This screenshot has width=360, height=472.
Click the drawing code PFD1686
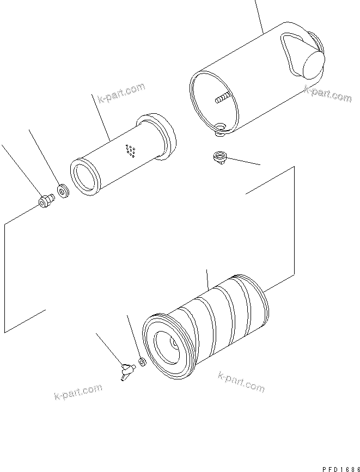click(x=338, y=468)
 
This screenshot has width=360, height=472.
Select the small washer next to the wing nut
click(x=142, y=361)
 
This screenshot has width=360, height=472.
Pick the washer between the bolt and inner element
click(x=63, y=191)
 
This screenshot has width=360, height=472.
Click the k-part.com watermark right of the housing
click(x=327, y=94)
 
